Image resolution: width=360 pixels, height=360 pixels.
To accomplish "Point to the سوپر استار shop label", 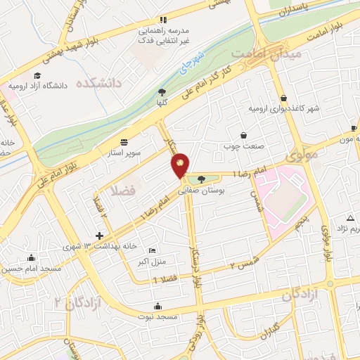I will tap(124, 151).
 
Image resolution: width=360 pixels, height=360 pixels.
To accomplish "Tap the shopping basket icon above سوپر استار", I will tap(124, 141).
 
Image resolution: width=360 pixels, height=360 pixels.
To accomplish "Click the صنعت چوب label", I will tap(243, 146).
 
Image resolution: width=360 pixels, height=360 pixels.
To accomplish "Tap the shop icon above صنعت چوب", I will tap(243, 135).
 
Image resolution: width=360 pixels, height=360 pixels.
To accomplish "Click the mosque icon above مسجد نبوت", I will tap(157, 306).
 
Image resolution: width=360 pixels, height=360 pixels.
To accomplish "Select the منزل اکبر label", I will tap(154, 262).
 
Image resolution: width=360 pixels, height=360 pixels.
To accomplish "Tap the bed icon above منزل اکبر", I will tap(154, 251).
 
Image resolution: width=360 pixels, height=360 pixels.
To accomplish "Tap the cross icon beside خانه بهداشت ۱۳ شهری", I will tap(100, 236).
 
